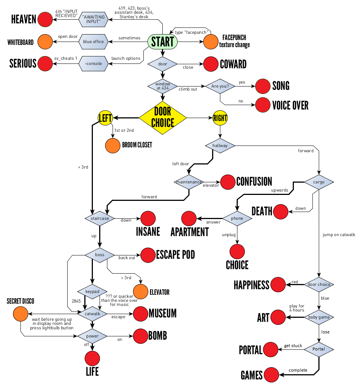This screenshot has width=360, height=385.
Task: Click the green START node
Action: [x=162, y=42]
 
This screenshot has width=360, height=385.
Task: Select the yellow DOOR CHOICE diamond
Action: [x=162, y=118]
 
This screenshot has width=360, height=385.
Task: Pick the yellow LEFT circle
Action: [x=105, y=118]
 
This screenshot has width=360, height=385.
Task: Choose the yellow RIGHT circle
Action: [x=220, y=118]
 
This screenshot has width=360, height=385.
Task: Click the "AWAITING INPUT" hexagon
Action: [x=93, y=19]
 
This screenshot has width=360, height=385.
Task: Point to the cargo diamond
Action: [x=319, y=182]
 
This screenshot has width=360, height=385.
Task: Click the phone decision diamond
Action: [x=237, y=218]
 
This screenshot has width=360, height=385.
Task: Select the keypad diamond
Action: [x=92, y=291]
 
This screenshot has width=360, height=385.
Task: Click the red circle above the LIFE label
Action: [x=92, y=358]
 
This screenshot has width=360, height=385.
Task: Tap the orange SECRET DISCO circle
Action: [x=21, y=314]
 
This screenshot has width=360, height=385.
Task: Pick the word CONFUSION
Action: [x=254, y=182]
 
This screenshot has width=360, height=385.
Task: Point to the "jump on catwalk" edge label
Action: [x=339, y=235]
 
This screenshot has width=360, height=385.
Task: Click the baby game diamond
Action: [x=319, y=317]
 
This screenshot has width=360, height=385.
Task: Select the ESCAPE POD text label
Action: [x=175, y=255]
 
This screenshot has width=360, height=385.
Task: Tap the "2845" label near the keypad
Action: [x=72, y=300]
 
